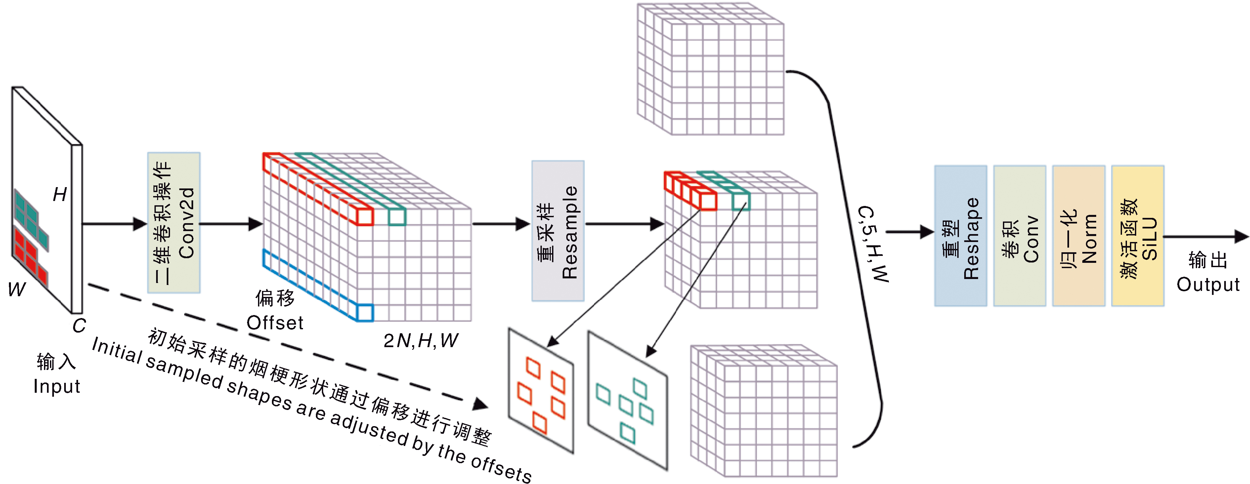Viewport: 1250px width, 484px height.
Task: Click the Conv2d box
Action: point(174,222)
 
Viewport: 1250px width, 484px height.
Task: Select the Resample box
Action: point(558,231)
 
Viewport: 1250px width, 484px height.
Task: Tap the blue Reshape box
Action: point(960,236)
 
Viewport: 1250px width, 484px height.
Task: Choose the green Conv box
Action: point(1019,236)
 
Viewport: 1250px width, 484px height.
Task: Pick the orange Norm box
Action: point(1078,236)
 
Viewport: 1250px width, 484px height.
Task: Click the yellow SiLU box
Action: point(1138,236)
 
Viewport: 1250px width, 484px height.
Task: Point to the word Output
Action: point(1208,285)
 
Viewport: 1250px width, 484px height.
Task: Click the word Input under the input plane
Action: point(56,386)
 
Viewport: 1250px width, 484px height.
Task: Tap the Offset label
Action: point(275,323)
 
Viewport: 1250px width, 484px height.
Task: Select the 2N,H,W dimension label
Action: point(420,341)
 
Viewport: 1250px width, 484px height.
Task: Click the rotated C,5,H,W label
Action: point(873,244)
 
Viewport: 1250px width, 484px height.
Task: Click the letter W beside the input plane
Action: point(17,290)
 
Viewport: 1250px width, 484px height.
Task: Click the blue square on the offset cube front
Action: point(365,313)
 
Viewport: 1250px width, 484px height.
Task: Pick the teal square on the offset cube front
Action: point(397,217)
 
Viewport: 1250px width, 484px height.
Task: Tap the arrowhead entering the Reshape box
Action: point(927,232)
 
